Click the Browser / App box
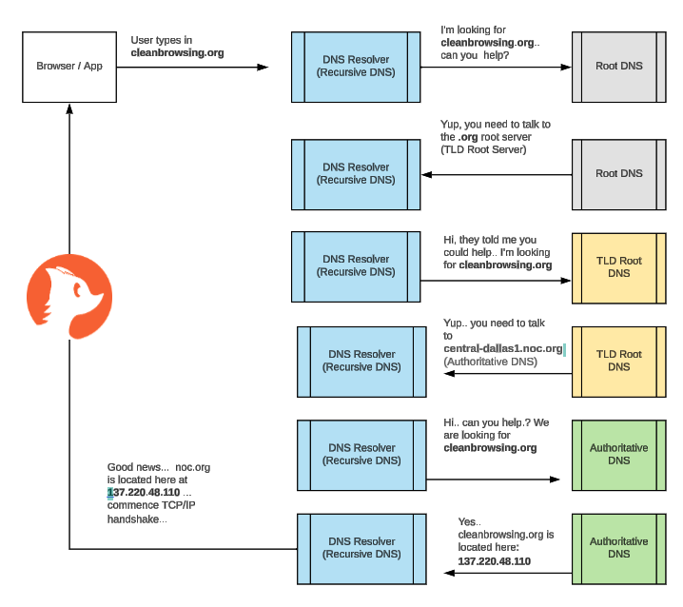coord(69,67)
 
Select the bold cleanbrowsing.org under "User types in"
coord(177,53)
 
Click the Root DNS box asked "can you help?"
coord(619,68)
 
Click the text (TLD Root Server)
coord(483,149)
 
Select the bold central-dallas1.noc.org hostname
coord(502,349)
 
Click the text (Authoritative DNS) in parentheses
coord(490,362)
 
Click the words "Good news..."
coord(138,467)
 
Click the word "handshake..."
coord(137,519)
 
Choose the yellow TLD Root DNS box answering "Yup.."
coord(618,361)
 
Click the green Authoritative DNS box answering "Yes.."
coord(618,548)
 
